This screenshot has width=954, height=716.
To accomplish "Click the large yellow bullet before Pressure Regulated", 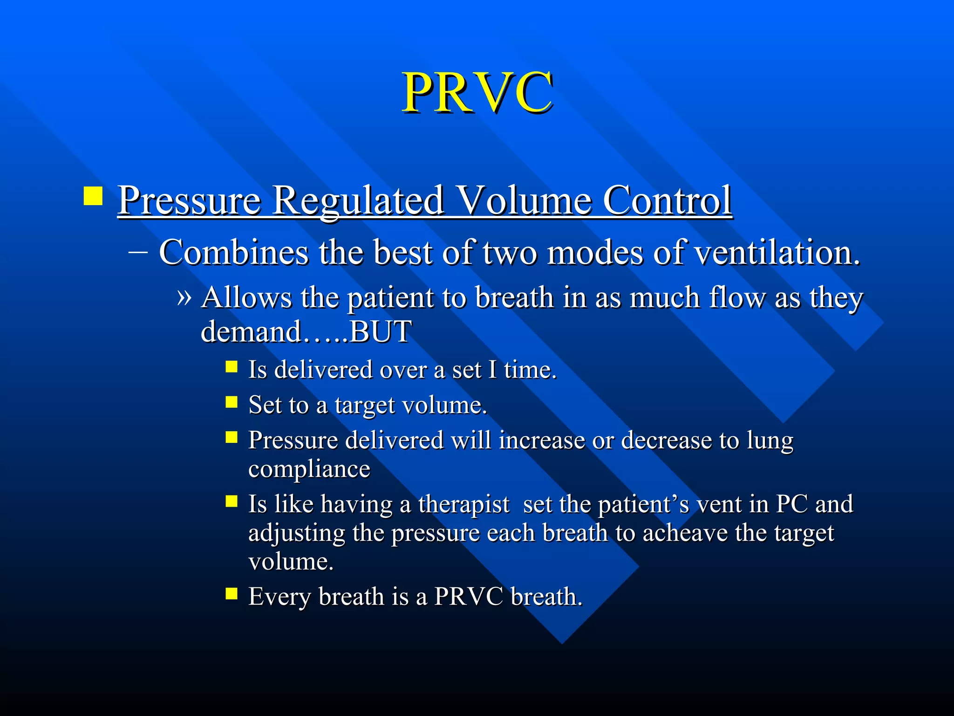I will pyautogui.click(x=93, y=196).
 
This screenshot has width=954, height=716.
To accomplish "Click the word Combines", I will pyautogui.click(x=233, y=252).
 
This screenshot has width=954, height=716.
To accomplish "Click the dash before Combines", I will pyautogui.click(x=138, y=252).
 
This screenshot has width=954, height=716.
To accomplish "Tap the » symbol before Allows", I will pyautogui.click(x=184, y=297).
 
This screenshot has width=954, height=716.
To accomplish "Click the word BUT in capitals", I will pyautogui.click(x=381, y=331).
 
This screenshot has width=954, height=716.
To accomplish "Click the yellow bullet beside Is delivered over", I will pyautogui.click(x=232, y=367).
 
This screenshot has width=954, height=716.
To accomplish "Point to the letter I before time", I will pyautogui.click(x=492, y=370).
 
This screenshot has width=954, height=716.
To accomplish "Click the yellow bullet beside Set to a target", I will pyautogui.click(x=232, y=402).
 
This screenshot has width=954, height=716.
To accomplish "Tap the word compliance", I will pyautogui.click(x=309, y=469).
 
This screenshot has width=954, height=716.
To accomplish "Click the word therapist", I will pyautogui.click(x=464, y=504).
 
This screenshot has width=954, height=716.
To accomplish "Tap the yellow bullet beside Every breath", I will pyautogui.click(x=232, y=593).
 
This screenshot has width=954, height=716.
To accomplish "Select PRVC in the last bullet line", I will pyautogui.click(x=469, y=596).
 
